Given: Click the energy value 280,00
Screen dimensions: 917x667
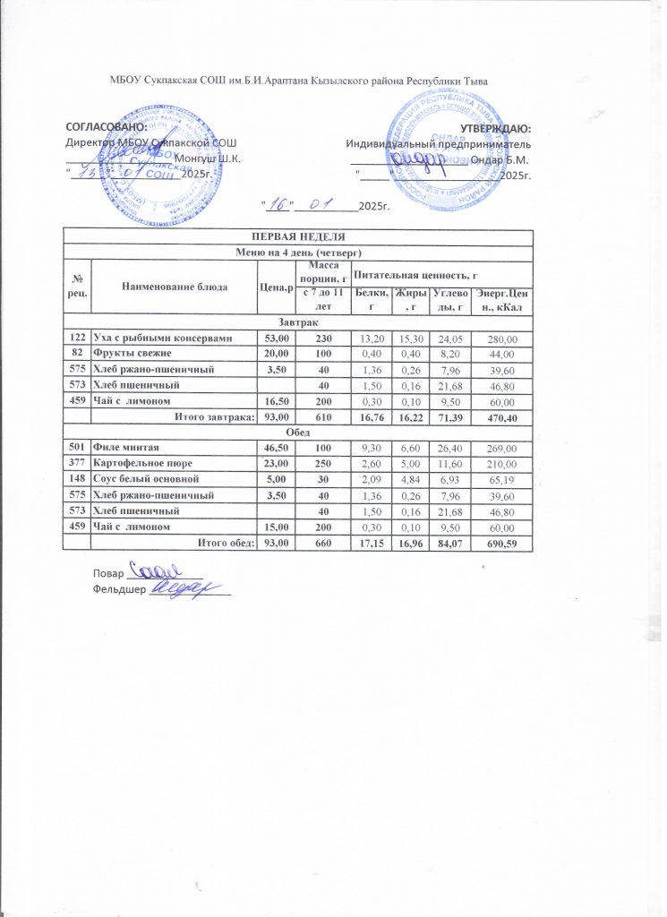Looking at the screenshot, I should [503, 338].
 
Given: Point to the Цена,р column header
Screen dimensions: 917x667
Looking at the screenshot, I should [276, 286].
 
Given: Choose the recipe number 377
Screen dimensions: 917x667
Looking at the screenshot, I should [78, 462].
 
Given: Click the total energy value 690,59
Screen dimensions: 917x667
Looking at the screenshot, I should [503, 543].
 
